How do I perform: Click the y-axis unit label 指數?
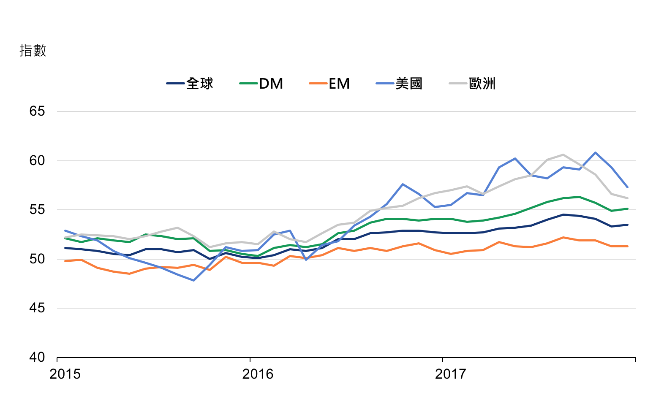(33, 51)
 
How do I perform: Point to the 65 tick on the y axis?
(37, 111)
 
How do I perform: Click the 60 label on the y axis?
(37, 160)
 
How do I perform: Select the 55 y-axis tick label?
(37, 210)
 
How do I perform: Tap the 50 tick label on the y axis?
(37, 259)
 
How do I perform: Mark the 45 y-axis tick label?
(37, 308)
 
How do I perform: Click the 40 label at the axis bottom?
(37, 357)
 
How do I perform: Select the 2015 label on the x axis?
(65, 374)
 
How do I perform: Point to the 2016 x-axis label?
(258, 374)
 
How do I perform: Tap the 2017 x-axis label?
(450, 374)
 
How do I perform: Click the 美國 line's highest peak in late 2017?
(595, 152)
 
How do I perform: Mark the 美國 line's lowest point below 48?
(193, 280)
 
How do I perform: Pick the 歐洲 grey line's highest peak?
(563, 154)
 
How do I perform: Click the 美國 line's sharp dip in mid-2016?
(306, 260)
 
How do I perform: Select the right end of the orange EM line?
(628, 246)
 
